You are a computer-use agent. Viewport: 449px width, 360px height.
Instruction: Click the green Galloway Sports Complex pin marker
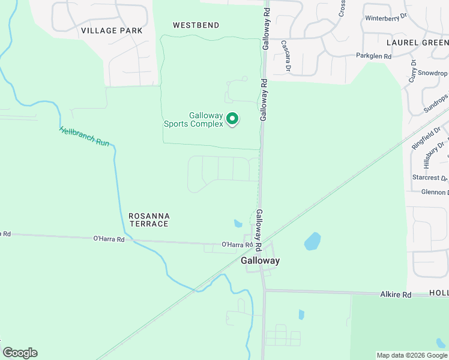(x=232, y=120)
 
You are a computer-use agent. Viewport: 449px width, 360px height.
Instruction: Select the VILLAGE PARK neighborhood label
(x=112, y=30)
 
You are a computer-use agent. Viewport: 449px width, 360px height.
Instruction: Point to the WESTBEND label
(x=196, y=25)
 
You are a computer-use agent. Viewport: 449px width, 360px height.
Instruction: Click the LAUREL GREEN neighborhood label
(x=417, y=43)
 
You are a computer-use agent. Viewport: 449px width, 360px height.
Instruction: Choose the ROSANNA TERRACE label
(x=149, y=220)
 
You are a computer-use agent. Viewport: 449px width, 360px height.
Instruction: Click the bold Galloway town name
(x=261, y=261)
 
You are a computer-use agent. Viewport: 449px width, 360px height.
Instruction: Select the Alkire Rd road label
(x=396, y=295)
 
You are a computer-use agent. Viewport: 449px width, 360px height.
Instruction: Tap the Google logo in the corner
(x=20, y=353)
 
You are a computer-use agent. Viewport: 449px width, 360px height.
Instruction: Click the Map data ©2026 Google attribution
(x=412, y=355)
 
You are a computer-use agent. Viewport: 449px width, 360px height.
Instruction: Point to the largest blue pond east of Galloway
(x=312, y=241)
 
